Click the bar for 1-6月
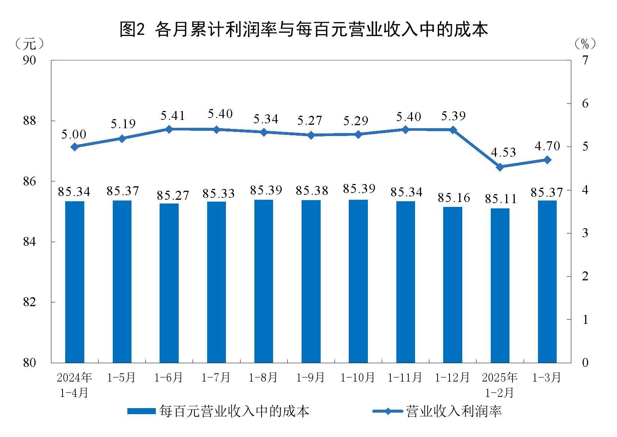coord(169,283)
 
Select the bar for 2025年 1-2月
coord(500,285)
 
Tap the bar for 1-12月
coord(453,284)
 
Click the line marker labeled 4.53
coord(500,167)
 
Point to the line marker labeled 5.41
coord(169,129)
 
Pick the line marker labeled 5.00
coord(75,147)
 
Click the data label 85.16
coord(454,198)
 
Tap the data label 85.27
coord(173,195)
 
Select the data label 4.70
coord(547,146)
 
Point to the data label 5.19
coord(123,124)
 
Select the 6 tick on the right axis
coord(585,103)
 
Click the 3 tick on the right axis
coord(585,233)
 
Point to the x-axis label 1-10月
coord(358,377)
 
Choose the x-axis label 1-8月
coord(263,377)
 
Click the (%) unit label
coord(585,44)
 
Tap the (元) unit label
coord(29,44)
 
